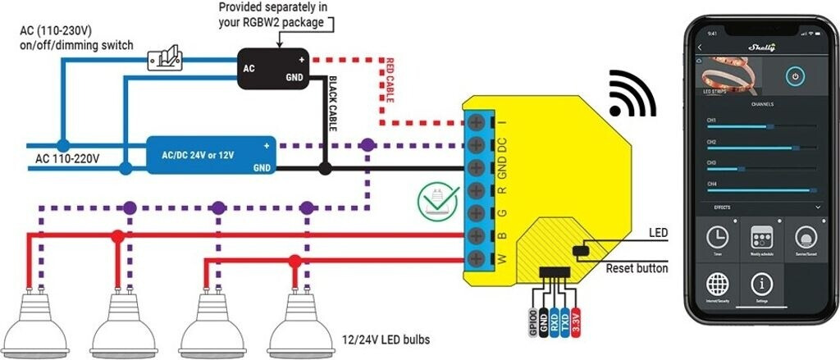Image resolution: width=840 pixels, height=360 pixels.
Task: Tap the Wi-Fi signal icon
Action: pos(632,97)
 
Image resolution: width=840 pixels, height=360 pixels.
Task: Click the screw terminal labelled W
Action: pos(476,261)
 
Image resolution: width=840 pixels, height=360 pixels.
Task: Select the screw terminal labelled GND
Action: pos(476,170)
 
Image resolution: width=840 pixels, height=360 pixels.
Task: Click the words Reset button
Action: pos(637,268)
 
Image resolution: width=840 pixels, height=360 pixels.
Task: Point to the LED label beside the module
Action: pos(658,234)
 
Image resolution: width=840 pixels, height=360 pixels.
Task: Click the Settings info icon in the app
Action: pos(763,285)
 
